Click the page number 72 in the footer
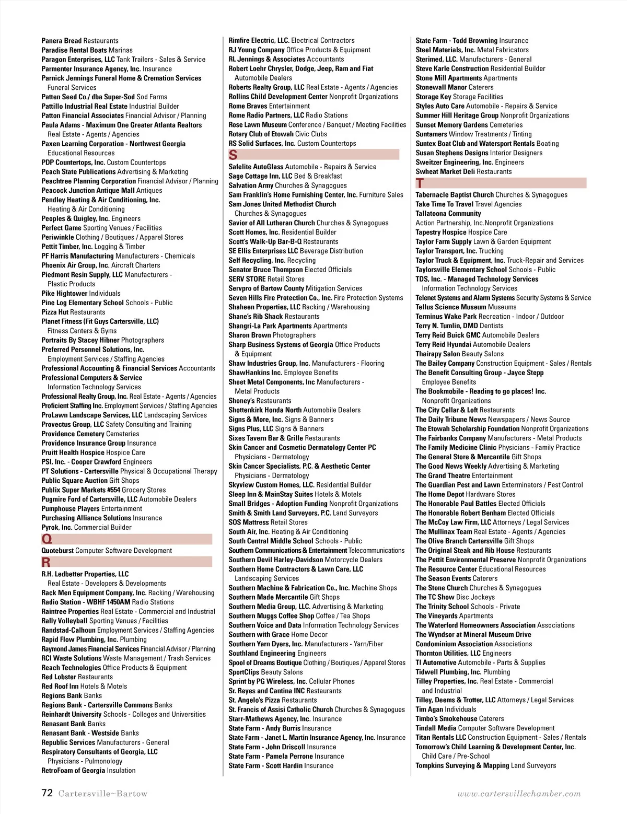pos(47,793)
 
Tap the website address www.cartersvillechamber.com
pos(519,794)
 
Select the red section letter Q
pos(47,539)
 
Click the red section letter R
pos(46,562)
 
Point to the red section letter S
pos(233,155)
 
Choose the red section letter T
pos(420,183)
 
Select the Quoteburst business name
pos(57,551)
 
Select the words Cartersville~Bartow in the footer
pos(103,794)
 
